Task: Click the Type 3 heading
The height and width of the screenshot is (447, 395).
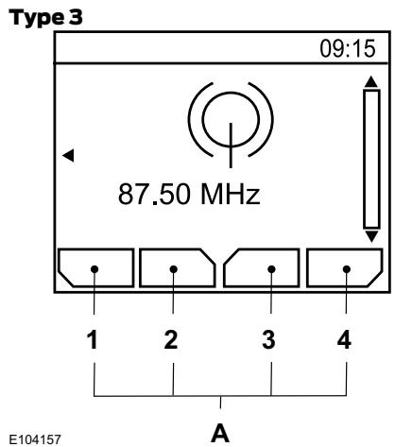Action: click(x=46, y=17)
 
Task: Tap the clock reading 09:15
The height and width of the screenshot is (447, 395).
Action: click(x=348, y=49)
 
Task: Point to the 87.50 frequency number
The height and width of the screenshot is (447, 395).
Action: click(x=155, y=194)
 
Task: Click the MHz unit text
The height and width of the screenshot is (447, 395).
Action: click(x=231, y=194)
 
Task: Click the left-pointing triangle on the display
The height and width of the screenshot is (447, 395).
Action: click(x=68, y=155)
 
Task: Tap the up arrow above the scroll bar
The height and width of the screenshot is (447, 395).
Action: click(x=371, y=81)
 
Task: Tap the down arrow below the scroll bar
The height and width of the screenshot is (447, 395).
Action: click(x=371, y=236)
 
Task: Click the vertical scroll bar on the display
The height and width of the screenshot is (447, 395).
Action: click(x=371, y=159)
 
